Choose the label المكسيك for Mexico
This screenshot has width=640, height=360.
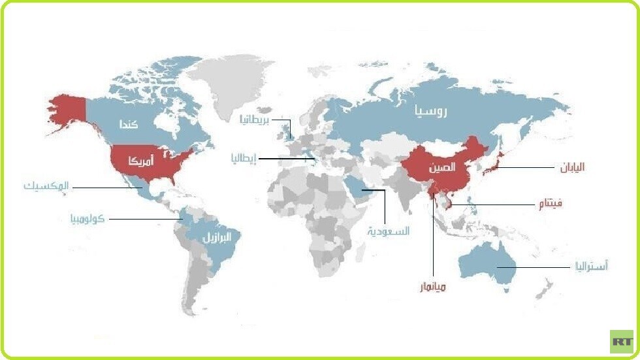(46, 186)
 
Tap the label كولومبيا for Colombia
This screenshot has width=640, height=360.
(88, 218)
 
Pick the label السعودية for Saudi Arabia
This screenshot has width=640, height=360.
(388, 231)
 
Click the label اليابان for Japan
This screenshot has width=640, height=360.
(571, 167)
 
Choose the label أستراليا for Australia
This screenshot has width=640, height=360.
(591, 266)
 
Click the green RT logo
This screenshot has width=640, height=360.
(621, 342)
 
